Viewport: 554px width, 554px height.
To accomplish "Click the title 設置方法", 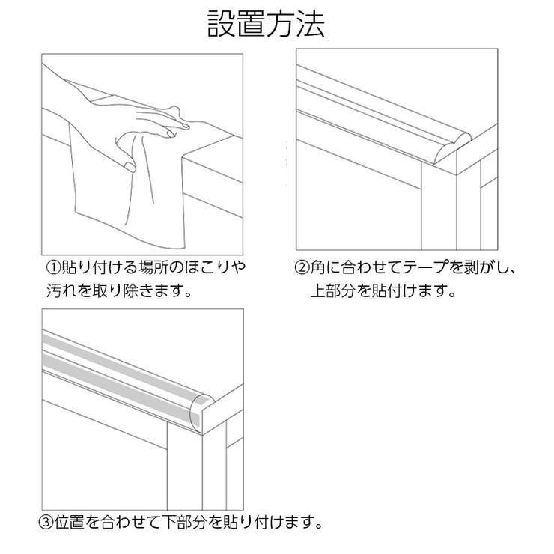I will pos(266,25).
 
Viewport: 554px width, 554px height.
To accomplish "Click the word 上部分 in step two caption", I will pos(335,290).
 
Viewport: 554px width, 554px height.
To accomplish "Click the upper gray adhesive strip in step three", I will pos(112,353).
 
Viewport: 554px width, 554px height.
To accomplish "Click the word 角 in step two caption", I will pos(318,267).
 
